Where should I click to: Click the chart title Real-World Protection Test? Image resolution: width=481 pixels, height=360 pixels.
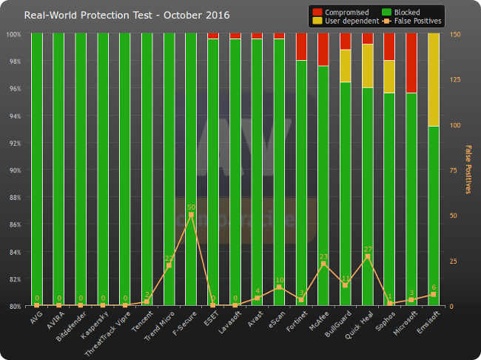tap(127, 15)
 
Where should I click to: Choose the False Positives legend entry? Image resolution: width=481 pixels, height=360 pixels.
tap(414, 21)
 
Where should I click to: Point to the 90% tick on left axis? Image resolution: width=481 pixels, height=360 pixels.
tap(14, 170)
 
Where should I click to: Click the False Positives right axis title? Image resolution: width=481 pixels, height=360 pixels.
tap(468, 170)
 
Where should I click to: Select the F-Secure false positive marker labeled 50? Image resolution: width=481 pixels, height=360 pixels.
tap(191, 215)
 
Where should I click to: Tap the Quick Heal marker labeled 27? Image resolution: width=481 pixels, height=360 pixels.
tap(367, 256)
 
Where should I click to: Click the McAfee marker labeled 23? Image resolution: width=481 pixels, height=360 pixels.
tap(323, 264)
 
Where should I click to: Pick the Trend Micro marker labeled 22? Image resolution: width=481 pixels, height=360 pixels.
tap(169, 265)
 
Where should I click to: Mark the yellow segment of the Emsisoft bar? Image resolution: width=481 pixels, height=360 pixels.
tap(433, 80)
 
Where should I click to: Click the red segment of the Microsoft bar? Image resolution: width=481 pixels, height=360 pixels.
tap(411, 63)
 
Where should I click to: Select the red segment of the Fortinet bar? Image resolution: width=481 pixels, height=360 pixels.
tap(301, 47)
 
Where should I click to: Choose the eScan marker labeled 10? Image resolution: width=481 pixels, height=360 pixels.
tap(279, 287)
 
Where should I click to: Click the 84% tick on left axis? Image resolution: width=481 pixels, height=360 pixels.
tap(14, 252)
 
